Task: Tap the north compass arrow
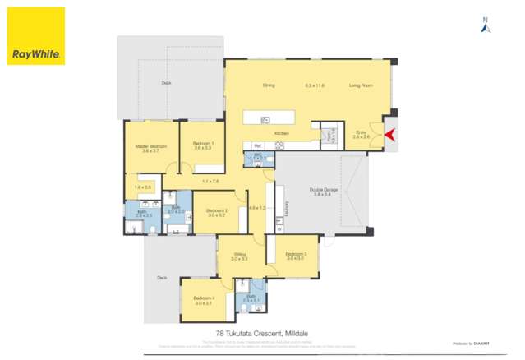486,27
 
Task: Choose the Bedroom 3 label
296,254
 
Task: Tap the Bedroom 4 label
204,298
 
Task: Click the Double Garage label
320,190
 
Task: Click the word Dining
268,85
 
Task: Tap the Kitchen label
281,132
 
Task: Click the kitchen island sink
265,120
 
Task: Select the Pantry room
331,136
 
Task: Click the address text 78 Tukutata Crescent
250,334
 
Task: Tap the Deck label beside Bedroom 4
161,278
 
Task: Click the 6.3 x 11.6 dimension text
315,85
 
